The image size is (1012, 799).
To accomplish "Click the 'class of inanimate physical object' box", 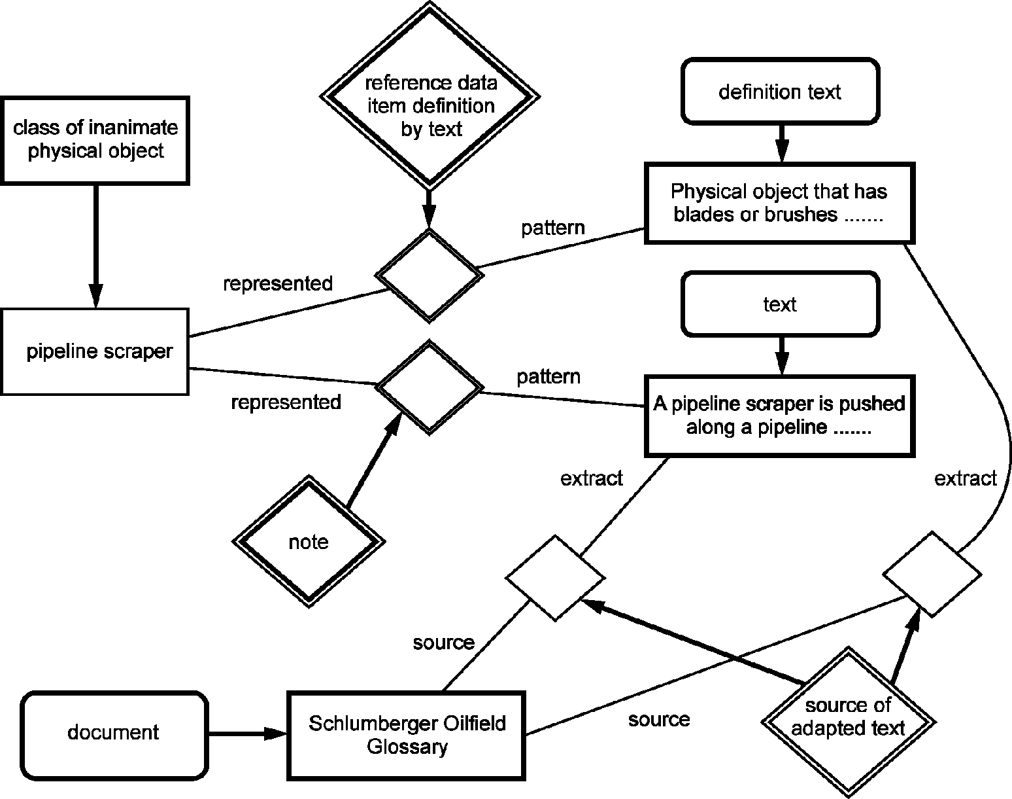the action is (95, 140).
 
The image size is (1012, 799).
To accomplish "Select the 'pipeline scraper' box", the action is (95, 351).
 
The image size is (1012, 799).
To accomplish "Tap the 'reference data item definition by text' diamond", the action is (430, 97).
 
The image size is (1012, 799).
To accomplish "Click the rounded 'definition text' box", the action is (780, 92).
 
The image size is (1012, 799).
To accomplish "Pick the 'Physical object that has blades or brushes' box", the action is (780, 204).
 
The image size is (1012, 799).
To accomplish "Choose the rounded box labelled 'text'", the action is (780, 304).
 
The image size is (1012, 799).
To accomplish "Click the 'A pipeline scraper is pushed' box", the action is (780, 416).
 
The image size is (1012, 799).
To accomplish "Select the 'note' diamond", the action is (309, 541).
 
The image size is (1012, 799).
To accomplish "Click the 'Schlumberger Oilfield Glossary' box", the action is (407, 736).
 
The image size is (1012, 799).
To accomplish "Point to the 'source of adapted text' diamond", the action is (849, 721).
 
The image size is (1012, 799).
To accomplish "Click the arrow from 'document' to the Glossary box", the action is (248, 734).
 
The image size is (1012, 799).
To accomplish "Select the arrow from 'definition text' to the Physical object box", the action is (782, 143).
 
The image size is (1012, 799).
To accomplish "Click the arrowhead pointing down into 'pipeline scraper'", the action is (96, 296).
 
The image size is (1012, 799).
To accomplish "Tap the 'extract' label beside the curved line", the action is (966, 478).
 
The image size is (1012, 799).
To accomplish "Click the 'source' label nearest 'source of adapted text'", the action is (659, 719).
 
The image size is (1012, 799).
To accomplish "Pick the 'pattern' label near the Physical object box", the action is (553, 228).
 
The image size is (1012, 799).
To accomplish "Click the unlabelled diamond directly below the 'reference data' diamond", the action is (430, 276).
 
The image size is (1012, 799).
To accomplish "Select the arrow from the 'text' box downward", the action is (782, 356).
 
